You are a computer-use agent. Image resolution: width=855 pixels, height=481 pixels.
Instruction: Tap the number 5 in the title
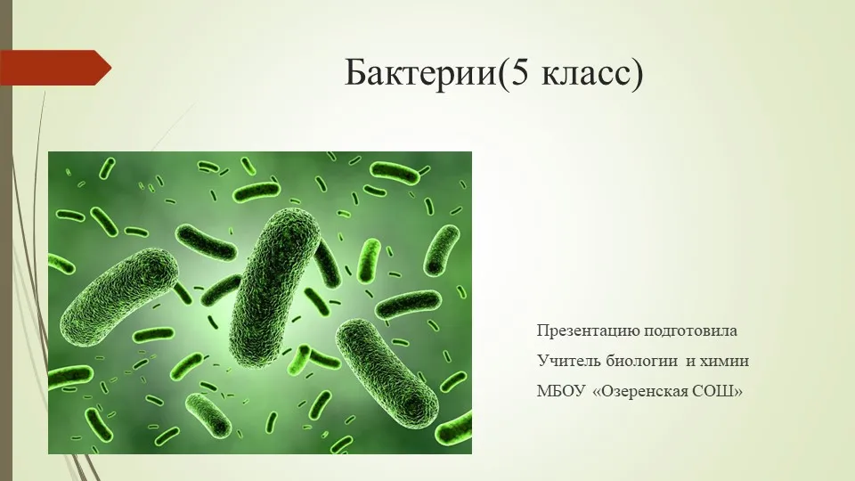tap(518, 72)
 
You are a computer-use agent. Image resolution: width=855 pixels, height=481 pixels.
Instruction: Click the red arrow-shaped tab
tap(55, 68)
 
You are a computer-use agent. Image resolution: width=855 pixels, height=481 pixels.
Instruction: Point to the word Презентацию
tap(588, 331)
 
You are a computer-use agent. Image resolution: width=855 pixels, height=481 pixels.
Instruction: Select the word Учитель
tap(569, 361)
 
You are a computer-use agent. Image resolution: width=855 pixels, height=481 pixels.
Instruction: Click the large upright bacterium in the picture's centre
tap(274, 286)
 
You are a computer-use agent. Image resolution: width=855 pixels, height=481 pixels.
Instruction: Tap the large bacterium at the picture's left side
tap(118, 298)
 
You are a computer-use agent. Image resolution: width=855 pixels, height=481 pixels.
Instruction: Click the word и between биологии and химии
tap(689, 362)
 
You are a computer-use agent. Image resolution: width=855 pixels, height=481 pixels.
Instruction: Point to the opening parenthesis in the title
tap(501, 74)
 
